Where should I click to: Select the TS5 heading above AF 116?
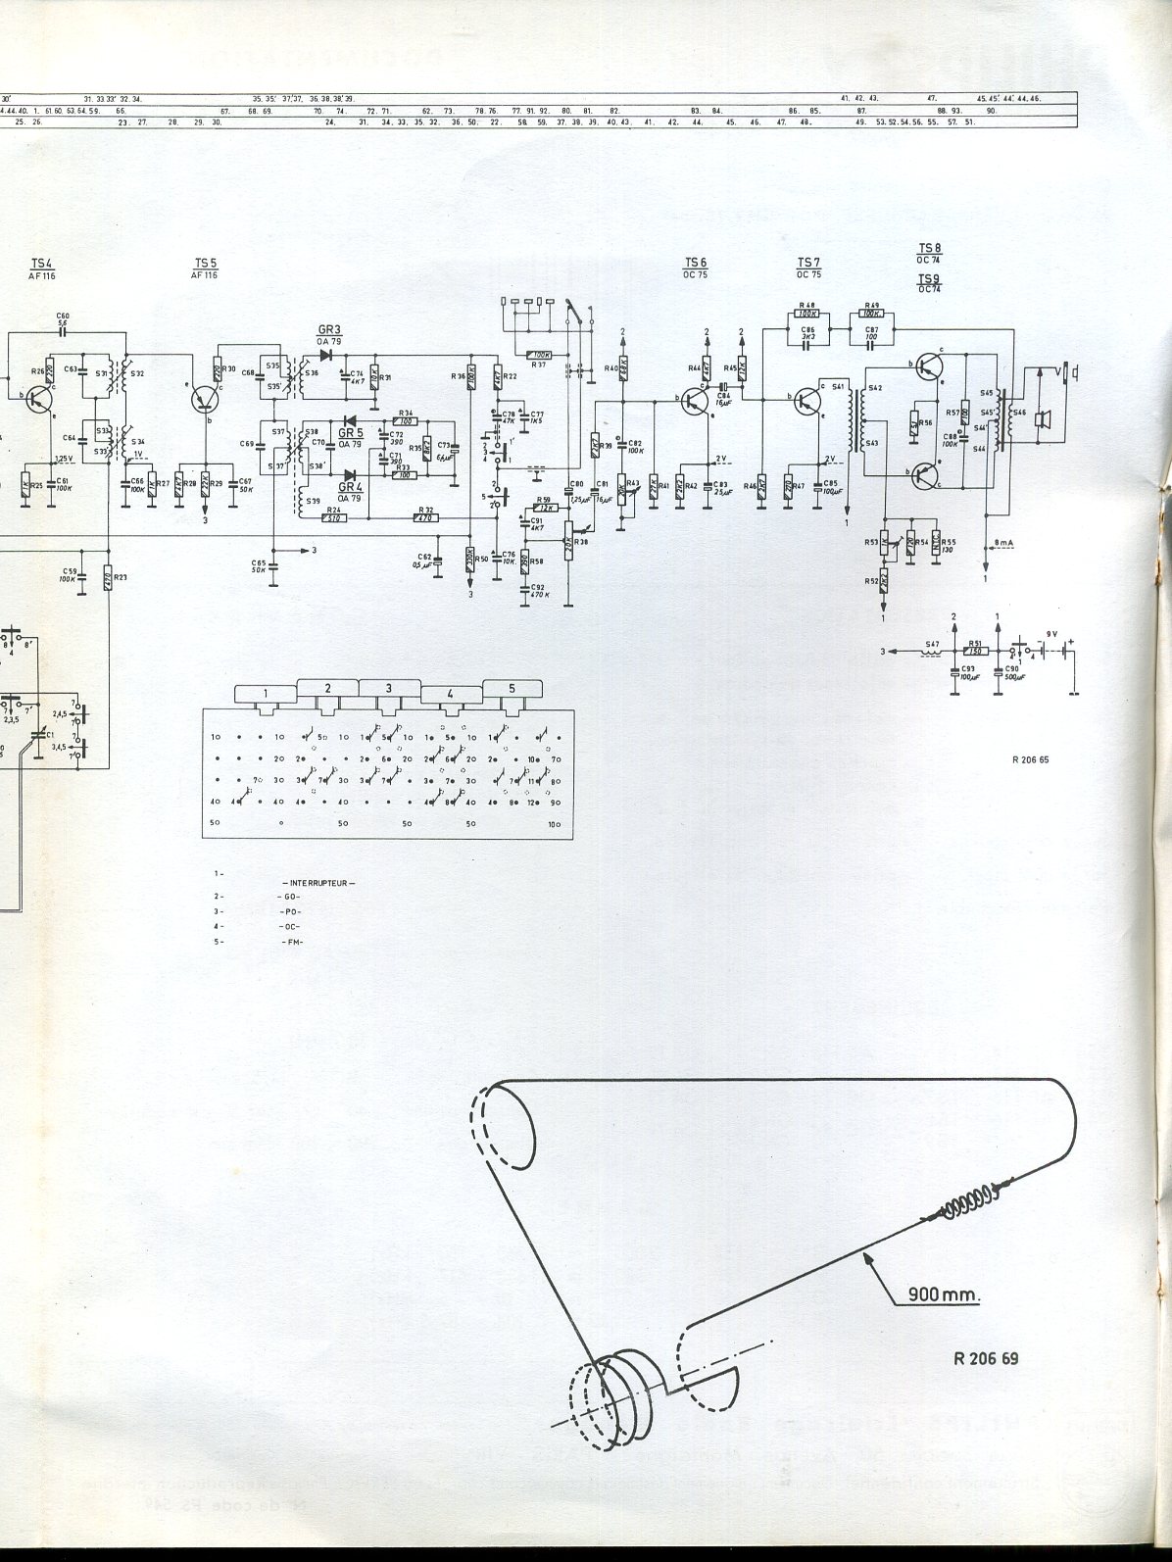pos(204,263)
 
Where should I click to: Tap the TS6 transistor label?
pos(695,263)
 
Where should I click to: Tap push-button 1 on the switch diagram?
pos(266,694)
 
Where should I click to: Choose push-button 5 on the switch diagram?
pos(511,688)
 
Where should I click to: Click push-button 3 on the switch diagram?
pos(388,688)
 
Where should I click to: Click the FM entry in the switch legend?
pos(291,942)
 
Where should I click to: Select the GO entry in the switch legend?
pos(290,898)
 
